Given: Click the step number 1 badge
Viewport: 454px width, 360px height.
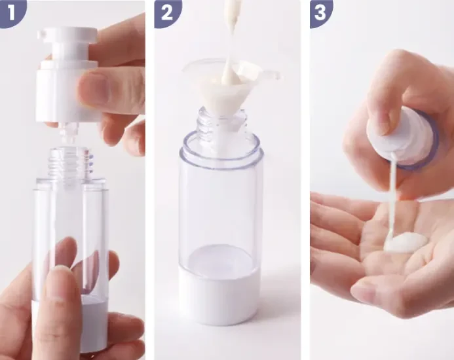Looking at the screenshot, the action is point(12,12).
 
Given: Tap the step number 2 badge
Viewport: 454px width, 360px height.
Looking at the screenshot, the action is point(167,12).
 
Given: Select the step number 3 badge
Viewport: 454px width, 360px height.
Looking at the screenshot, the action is point(320,12).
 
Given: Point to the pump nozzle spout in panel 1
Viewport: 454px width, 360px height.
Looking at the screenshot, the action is point(41,35).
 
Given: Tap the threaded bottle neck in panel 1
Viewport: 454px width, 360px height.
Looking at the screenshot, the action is point(69,162).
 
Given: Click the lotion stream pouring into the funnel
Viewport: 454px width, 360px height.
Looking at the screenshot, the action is point(229,37).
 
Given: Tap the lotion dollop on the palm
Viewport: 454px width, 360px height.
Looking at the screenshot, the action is point(406,242).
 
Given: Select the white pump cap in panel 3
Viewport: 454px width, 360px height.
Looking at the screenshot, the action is point(402,136).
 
